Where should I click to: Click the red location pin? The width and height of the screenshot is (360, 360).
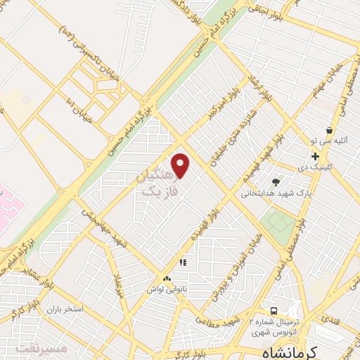click(181, 165)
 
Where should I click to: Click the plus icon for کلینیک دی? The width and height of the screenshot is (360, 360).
click(316, 156)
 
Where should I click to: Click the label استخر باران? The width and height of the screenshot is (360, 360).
click(65, 309)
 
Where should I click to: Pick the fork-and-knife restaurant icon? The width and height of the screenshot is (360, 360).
click(183, 263)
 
